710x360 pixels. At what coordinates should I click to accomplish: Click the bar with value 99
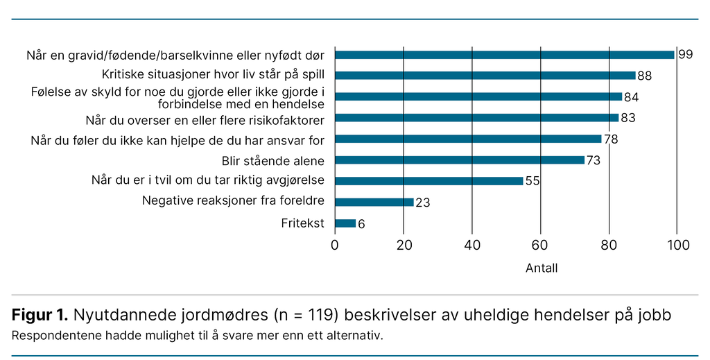(504, 55)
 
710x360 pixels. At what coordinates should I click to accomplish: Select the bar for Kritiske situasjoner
(485, 76)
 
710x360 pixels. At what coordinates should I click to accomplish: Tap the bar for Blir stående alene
(460, 160)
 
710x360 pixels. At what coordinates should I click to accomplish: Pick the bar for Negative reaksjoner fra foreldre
(374, 203)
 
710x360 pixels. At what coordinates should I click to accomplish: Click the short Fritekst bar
(345, 223)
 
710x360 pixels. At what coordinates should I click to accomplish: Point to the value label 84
(631, 97)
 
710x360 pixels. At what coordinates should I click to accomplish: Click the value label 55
(532, 182)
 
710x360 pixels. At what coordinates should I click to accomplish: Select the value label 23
(422, 203)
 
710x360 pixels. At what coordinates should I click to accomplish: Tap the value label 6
(361, 224)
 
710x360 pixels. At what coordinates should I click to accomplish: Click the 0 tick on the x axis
(335, 245)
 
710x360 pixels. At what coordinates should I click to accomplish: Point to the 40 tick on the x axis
(471, 245)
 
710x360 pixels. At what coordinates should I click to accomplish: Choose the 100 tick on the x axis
(678, 245)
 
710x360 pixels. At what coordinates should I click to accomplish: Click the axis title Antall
(541, 268)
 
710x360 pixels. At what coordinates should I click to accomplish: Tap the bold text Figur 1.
(40, 316)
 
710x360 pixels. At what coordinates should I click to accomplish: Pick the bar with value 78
(468, 139)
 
